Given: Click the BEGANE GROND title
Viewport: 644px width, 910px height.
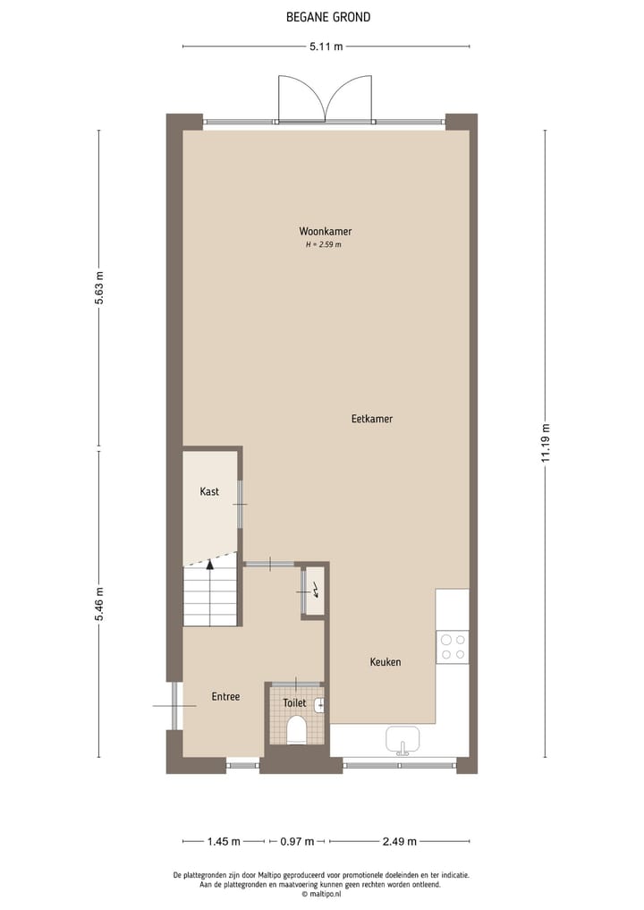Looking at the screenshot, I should (327, 17).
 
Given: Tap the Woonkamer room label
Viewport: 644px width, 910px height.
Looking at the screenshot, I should (325, 232).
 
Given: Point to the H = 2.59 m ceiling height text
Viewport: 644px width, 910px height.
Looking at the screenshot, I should (324, 244).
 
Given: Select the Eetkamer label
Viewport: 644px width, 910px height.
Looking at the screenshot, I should (372, 419).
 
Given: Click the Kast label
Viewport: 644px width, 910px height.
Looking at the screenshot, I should (209, 492).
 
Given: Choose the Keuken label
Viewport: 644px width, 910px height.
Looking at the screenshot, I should (386, 662).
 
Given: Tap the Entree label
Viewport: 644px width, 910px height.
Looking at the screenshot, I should (225, 696).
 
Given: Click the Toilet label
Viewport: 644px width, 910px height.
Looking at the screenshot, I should (294, 703).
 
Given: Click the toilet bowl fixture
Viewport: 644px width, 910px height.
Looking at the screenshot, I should (296, 732).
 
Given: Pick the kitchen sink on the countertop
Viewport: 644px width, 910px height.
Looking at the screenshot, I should (402, 741).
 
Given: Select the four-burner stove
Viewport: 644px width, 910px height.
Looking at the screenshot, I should (453, 647).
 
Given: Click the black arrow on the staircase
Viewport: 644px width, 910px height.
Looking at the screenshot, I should (210, 564).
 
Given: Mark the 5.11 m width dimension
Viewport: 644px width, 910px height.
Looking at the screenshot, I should (326, 47).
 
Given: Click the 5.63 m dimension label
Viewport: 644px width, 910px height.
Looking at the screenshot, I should (99, 288).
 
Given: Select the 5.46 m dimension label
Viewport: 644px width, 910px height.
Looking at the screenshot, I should (99, 607).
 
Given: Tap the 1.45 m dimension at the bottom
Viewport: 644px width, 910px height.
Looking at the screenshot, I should (224, 841).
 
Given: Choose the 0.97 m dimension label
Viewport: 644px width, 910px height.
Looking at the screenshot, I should (297, 841).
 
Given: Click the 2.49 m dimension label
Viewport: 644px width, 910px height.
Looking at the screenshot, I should (400, 841).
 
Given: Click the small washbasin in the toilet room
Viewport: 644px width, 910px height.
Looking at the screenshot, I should (319, 705).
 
